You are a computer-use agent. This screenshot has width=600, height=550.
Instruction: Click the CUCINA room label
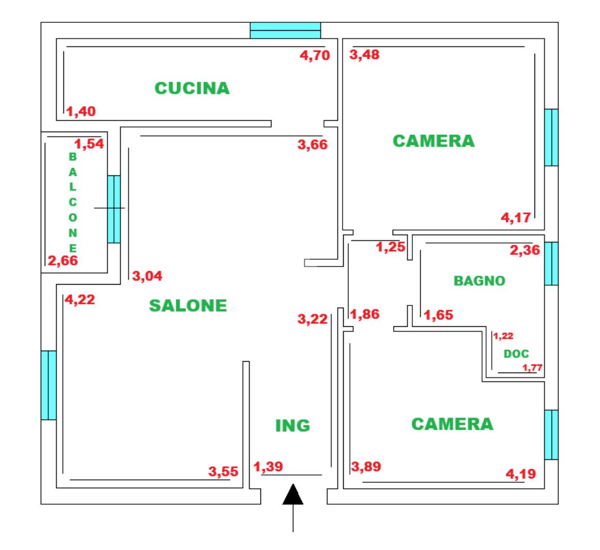coord(192,88)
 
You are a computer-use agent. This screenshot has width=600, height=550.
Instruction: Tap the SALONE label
coord(188,305)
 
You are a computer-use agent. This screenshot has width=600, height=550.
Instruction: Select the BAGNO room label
coord(479,281)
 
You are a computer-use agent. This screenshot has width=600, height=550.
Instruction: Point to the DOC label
coord(516,353)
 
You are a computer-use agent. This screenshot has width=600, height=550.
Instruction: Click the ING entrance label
coord(293,426)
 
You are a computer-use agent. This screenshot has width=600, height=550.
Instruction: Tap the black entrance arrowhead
coord(293,494)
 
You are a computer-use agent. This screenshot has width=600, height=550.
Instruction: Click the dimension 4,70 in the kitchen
coord(315,56)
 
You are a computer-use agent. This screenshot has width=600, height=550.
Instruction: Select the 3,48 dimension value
coord(364,55)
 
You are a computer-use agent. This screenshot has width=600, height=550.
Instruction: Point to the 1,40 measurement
coord(81,111)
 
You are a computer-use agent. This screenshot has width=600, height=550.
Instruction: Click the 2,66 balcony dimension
coord(63,261)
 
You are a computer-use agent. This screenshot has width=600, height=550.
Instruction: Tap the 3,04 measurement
coord(147,276)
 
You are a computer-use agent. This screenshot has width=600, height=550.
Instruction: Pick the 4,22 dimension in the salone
coord(80,300)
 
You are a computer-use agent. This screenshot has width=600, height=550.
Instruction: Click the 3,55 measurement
coord(223,471)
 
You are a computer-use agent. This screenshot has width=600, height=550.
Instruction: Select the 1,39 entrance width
coord(268,467)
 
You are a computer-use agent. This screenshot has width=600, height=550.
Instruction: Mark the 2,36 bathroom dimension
coord(525,250)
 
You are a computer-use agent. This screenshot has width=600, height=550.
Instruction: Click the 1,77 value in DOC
coord(532,368)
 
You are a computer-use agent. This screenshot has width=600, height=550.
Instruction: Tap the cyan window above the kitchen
coord(285,30)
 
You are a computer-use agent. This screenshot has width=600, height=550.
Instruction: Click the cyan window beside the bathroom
coord(552,263)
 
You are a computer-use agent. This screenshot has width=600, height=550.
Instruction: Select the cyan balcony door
coord(114,209)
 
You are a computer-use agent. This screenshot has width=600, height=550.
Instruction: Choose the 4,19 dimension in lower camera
coord(521,474)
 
